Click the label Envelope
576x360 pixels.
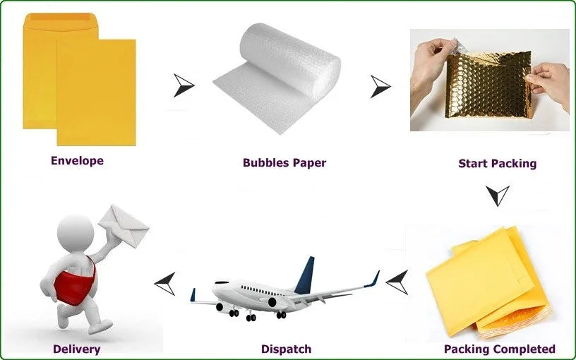click(77, 161)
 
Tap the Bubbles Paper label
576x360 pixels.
click(284, 163)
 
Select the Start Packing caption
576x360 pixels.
click(497, 164)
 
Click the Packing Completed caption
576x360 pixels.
click(499, 349)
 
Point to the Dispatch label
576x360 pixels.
click(286, 349)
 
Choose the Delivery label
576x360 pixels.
click(76, 349)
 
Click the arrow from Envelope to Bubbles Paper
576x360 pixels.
click(184, 85)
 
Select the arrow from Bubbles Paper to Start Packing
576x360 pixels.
click(380, 86)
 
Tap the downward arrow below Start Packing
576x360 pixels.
click(498, 195)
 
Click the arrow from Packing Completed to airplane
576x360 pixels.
click(397, 282)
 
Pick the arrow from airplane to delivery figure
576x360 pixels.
click(165, 283)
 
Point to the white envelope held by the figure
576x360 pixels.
click(124, 224)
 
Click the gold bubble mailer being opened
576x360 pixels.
click(487, 92)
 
